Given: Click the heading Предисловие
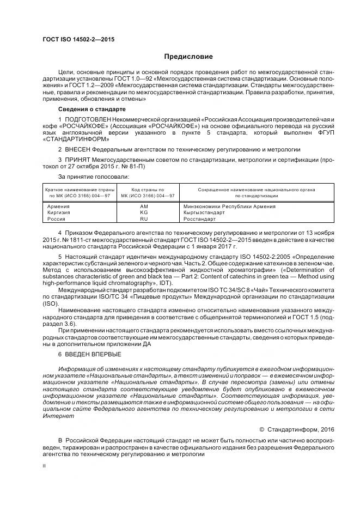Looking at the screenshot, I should (x=188, y=57).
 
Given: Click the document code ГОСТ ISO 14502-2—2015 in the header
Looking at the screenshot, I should (x=78, y=40).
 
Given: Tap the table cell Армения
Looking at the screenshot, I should (x=58, y=207).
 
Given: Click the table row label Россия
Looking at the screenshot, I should (x=57, y=219).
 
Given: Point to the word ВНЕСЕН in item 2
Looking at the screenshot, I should (x=78, y=149).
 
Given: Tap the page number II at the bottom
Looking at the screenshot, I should (x=45, y=466).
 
